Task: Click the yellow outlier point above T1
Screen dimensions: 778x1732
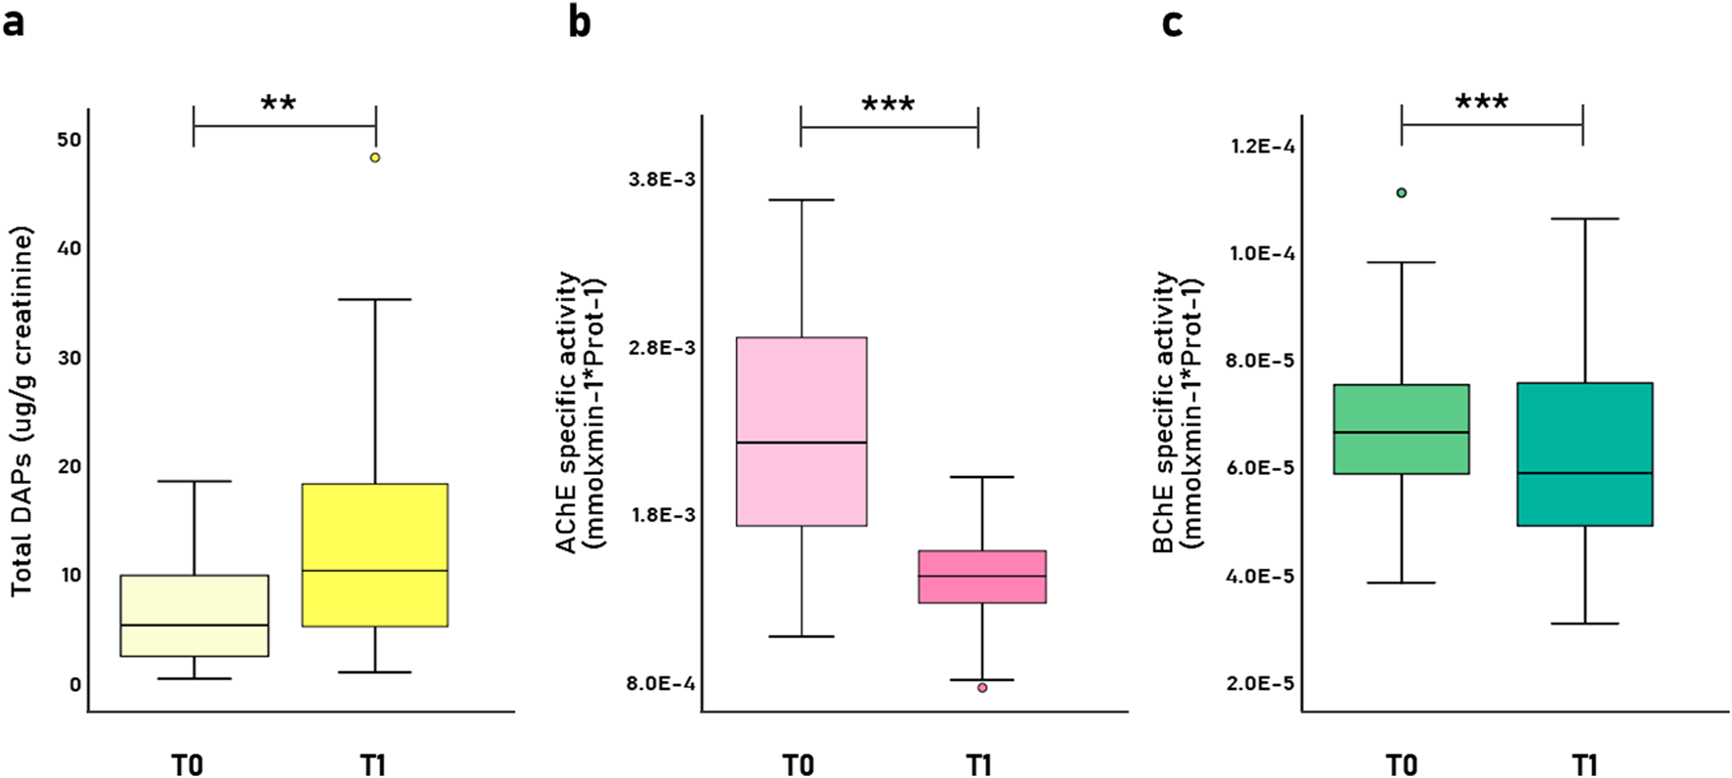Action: click(x=374, y=157)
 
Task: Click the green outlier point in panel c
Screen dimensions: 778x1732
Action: click(x=1402, y=193)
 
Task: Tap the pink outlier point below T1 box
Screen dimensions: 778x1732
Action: click(x=982, y=688)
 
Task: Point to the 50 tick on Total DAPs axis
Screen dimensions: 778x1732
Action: click(x=69, y=140)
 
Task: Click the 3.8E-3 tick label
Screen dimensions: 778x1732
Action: click(x=662, y=180)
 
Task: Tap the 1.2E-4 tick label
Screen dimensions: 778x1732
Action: click(x=1263, y=147)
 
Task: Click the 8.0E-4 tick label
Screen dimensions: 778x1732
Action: click(x=661, y=683)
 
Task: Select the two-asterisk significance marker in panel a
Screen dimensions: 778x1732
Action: click(x=279, y=104)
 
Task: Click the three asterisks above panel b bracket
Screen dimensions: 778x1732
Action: click(x=888, y=105)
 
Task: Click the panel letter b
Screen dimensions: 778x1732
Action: click(x=580, y=22)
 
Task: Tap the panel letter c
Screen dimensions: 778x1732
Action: click(x=1172, y=22)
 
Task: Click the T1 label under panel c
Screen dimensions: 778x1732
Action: click(x=1584, y=763)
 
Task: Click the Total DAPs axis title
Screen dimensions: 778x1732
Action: click(x=22, y=411)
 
